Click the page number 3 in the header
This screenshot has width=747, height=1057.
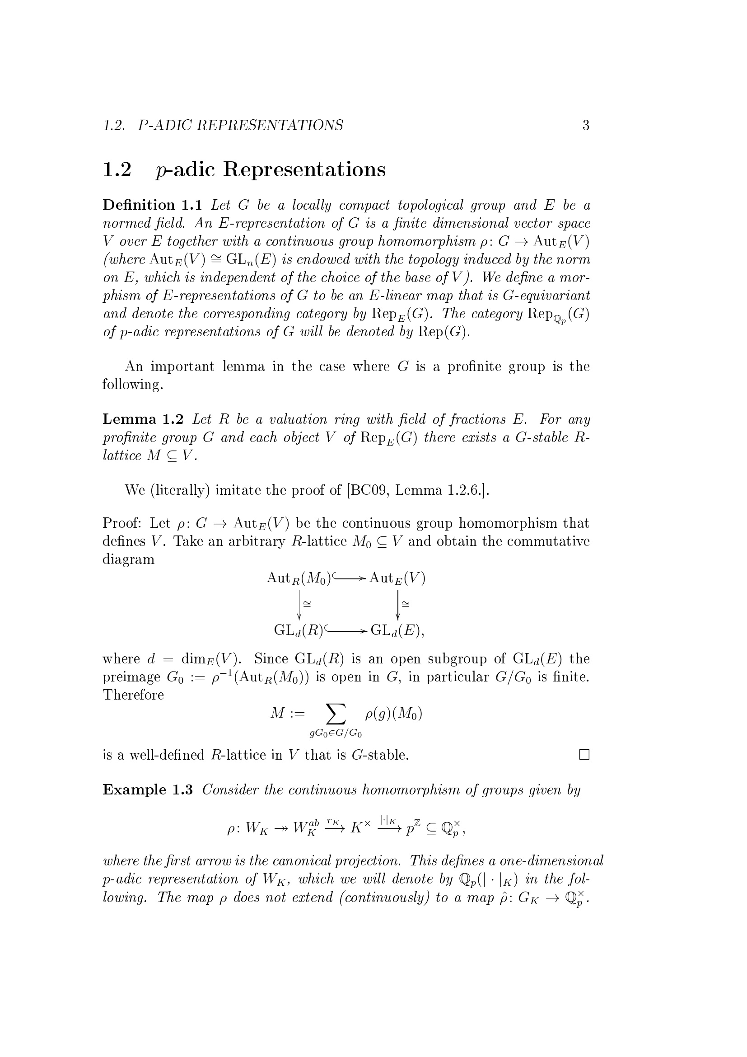point(586,125)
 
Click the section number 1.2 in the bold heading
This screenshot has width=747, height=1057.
point(117,169)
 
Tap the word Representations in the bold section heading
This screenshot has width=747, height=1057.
point(304,169)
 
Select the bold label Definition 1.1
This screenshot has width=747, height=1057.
point(152,205)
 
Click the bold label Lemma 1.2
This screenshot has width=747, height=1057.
point(143,419)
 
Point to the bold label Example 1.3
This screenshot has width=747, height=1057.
point(147,789)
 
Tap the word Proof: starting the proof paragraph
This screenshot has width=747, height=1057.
point(121,523)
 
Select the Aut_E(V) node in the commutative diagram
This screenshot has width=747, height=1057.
point(397,578)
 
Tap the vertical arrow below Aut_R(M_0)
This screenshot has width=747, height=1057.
point(299,604)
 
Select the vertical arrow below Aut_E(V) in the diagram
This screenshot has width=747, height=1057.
point(397,604)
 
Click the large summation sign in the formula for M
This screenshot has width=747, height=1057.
point(336,714)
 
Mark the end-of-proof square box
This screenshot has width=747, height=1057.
point(584,755)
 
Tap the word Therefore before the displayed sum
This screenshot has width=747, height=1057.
point(133,695)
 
